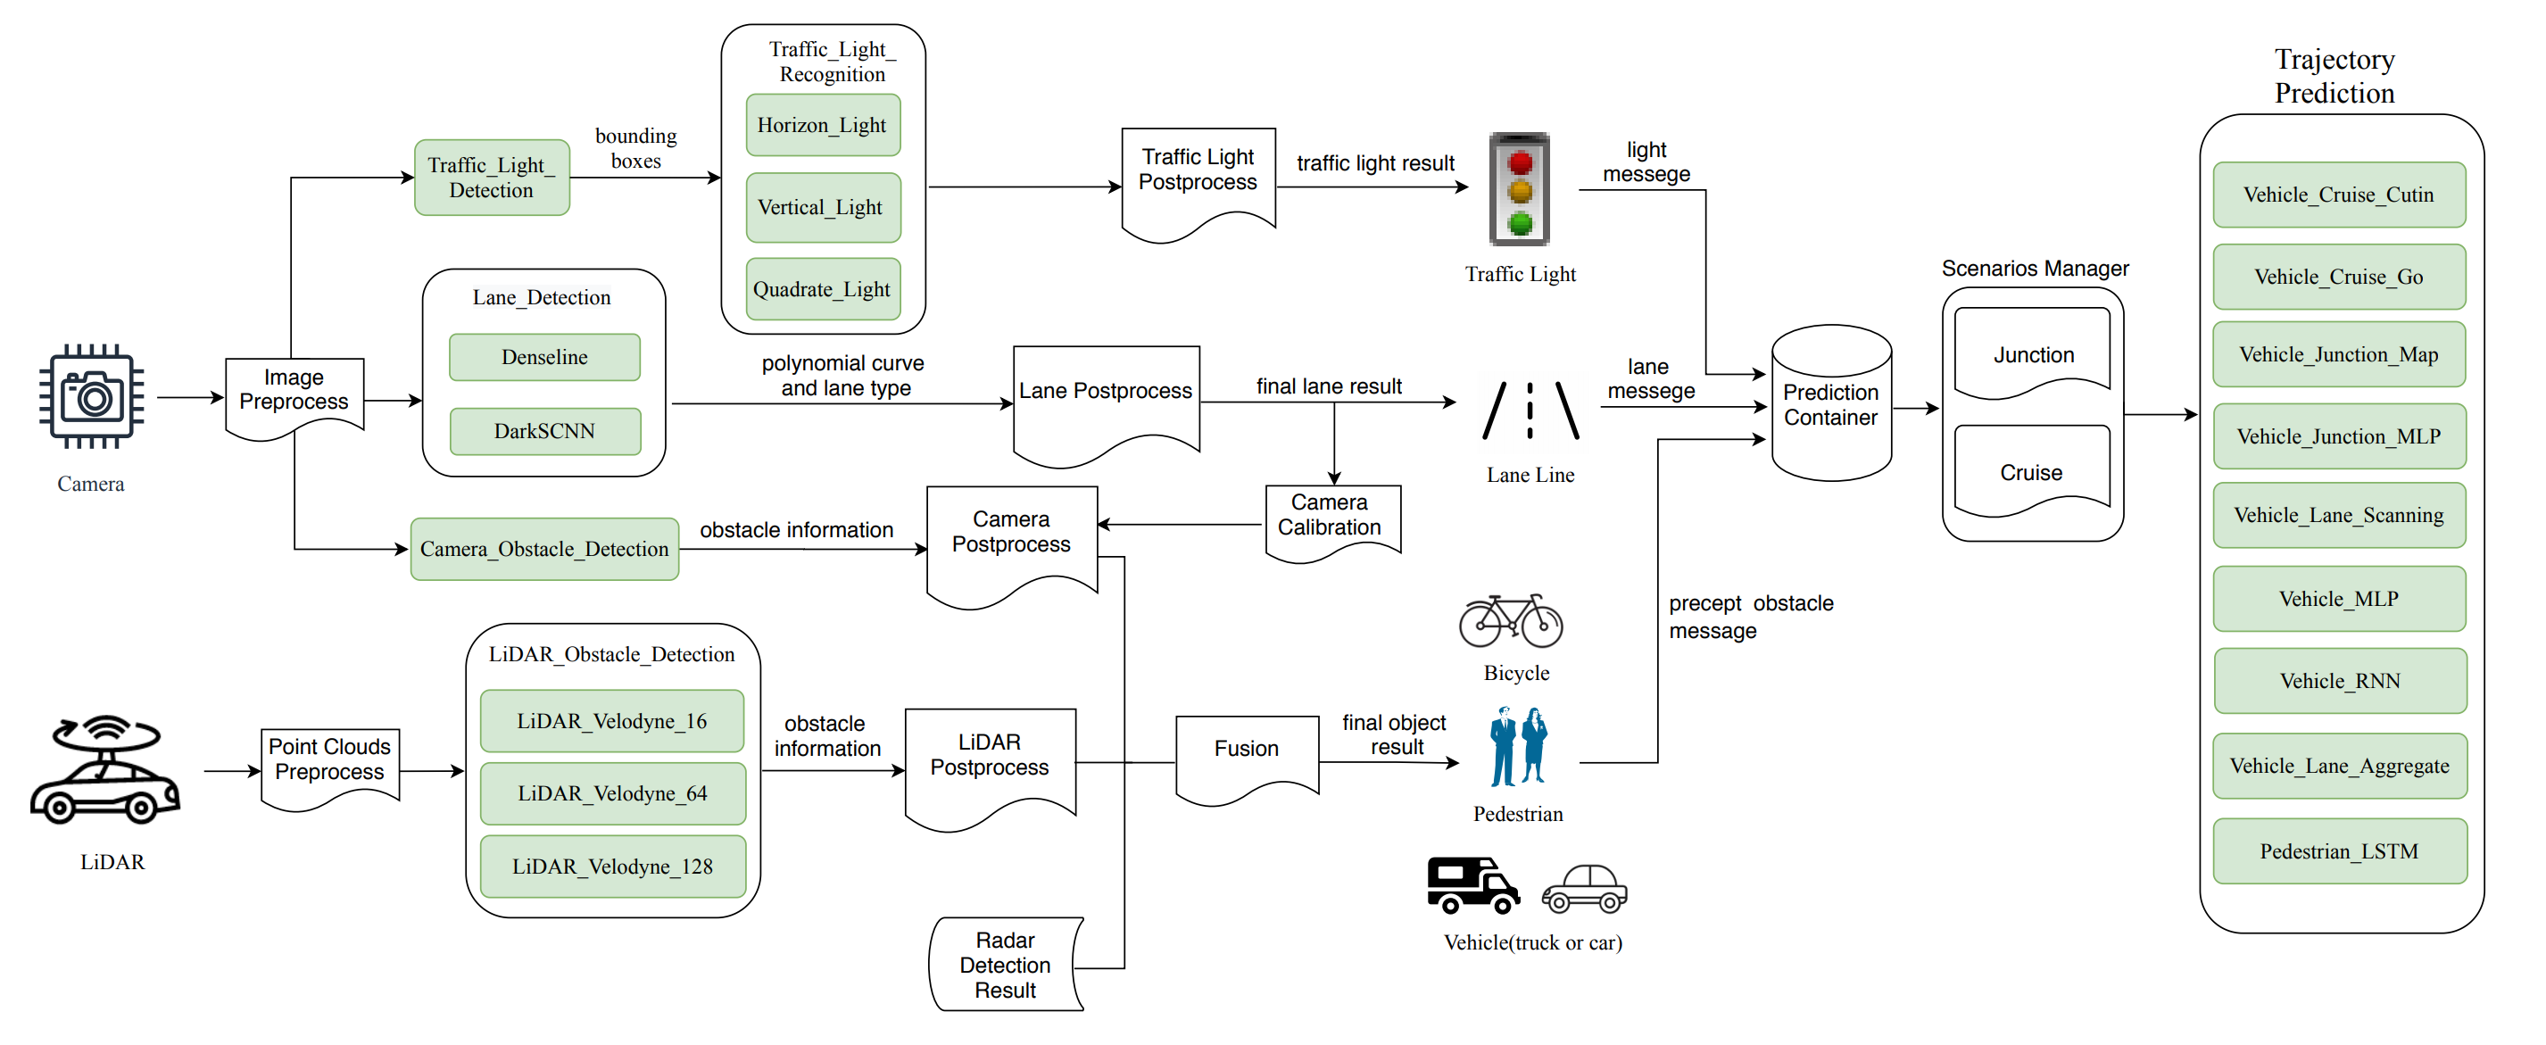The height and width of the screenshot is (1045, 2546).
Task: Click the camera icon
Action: [91, 396]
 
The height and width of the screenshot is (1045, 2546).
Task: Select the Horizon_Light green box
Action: [822, 126]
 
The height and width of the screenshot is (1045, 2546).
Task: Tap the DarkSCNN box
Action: [544, 431]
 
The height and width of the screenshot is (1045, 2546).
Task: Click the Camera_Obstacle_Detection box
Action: [544, 549]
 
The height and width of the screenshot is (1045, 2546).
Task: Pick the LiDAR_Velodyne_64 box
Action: [613, 792]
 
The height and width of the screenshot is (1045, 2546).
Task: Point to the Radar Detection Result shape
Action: [1005, 964]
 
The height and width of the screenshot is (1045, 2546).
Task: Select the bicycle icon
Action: [1510, 621]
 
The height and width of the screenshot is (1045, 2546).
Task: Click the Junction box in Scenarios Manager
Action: [2032, 354]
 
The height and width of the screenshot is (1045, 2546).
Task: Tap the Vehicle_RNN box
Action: [2340, 680]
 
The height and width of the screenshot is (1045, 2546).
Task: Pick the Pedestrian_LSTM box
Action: [2340, 851]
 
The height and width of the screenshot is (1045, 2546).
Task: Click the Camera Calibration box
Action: [1330, 516]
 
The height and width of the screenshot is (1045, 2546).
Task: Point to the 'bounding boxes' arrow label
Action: [635, 148]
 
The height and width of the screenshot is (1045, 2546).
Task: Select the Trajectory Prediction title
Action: [2335, 76]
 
